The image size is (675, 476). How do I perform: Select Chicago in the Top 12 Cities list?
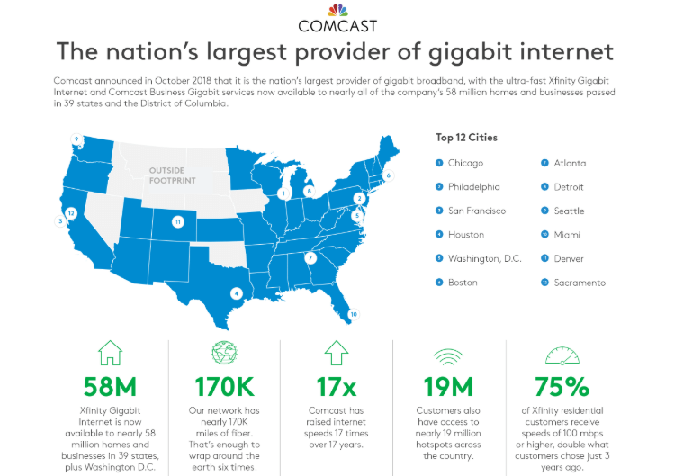pos(465,163)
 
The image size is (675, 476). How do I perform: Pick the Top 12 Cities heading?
pos(466,138)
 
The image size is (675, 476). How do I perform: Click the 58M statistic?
pos(110,388)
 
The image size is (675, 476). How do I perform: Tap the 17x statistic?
pos(337,388)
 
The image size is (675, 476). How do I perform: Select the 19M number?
pos(449,388)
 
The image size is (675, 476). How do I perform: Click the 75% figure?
pos(562,388)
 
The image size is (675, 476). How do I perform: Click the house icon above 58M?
pos(110,352)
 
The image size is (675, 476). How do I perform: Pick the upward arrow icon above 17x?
pos(337,352)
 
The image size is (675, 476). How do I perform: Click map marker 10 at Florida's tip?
pos(354,314)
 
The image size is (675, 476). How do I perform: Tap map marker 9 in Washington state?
pos(77,139)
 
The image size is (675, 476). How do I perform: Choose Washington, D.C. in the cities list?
pos(484,259)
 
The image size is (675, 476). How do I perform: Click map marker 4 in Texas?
pos(237,292)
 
